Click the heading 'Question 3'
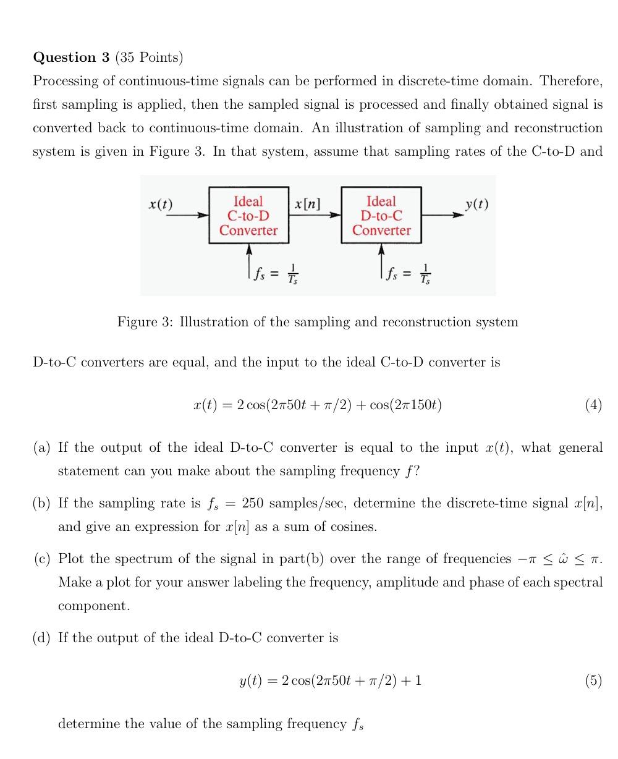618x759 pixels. coord(71,57)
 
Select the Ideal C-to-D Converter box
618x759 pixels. coord(248,215)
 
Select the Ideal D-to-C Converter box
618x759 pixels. coord(381,215)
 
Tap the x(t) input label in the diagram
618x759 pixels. coord(161,204)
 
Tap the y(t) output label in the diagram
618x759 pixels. coord(476,204)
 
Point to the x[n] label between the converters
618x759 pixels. coord(307,204)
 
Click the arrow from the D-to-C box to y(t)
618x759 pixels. coord(442,215)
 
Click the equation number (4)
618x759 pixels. coord(593,405)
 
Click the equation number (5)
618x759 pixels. coord(593,681)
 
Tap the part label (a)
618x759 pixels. coord(42,447)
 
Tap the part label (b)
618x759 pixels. coord(42,503)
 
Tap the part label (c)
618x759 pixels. coord(42,559)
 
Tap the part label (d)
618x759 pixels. coord(42,638)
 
